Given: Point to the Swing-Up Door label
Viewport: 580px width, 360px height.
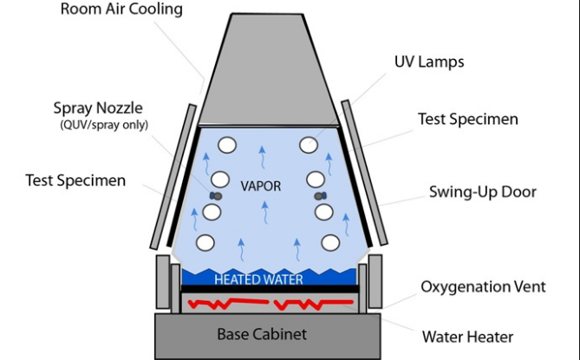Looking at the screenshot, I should point(481,192).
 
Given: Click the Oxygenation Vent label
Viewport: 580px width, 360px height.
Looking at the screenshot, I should point(483,287).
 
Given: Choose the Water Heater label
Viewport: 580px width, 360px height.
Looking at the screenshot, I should point(467,337).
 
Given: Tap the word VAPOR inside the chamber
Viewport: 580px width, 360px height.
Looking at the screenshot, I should point(261,185).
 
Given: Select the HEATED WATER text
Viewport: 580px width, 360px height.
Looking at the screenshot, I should point(258,279).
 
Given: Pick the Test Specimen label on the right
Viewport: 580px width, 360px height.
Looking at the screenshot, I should point(468,119).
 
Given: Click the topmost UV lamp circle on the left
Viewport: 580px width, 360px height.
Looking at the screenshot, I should point(228,146).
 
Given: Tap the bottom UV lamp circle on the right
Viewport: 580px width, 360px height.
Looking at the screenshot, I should point(330,242).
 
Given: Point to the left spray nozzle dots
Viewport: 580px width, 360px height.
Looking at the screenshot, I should point(215,197).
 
